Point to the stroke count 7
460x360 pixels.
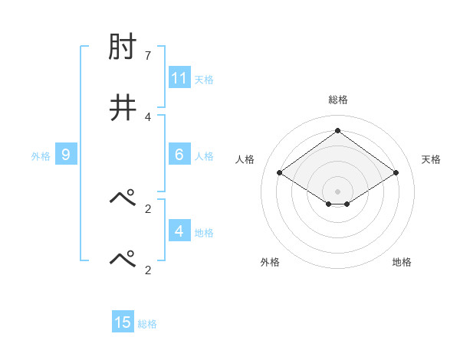pyautogui.click(x=148, y=57)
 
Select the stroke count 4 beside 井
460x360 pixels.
pyautogui.click(x=148, y=116)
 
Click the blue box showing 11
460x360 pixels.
pyautogui.click(x=179, y=78)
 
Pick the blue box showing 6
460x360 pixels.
pyautogui.click(x=179, y=155)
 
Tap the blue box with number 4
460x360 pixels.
pyautogui.click(x=179, y=231)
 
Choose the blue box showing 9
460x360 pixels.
pyautogui.click(x=66, y=155)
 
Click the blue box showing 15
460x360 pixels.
pyautogui.click(x=123, y=322)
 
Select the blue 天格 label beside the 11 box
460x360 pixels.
pyautogui.click(x=204, y=79)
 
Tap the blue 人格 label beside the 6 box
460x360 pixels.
pyautogui.click(x=204, y=155)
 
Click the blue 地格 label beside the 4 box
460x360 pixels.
pyautogui.click(x=204, y=231)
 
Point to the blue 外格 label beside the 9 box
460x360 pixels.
pyautogui.click(x=41, y=155)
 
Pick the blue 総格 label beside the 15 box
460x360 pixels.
pyautogui.click(x=147, y=323)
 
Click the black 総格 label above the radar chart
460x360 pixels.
pyautogui.click(x=338, y=100)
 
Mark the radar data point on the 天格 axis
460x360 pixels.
pyautogui.click(x=396, y=173)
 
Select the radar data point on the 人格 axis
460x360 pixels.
pyautogui.click(x=280, y=173)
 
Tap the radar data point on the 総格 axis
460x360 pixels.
pyautogui.click(x=338, y=130)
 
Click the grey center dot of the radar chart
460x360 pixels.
pyautogui.click(x=338, y=191)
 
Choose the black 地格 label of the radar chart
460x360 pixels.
pyautogui.click(x=402, y=262)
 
